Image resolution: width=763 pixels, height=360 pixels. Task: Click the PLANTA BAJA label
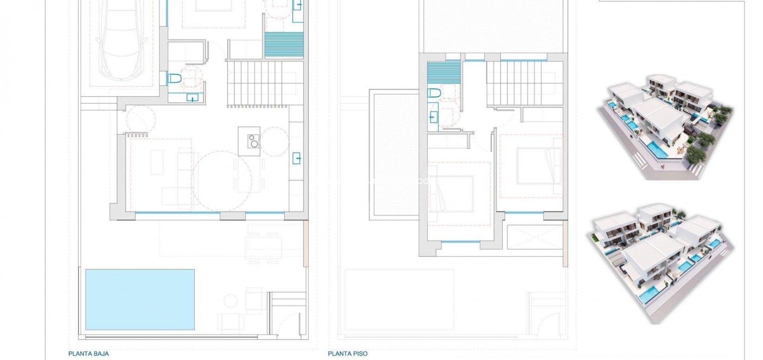89,353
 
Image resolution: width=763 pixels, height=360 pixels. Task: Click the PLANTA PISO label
347,353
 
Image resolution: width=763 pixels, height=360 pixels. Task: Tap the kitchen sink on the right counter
296,158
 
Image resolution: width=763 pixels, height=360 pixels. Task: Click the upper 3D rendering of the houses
665,126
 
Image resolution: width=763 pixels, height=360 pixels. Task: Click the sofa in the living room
182,175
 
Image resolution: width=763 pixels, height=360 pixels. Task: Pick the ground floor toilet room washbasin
191,97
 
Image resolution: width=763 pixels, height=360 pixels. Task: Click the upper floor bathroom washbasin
433,116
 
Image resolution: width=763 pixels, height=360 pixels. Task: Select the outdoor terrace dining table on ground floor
265,242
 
